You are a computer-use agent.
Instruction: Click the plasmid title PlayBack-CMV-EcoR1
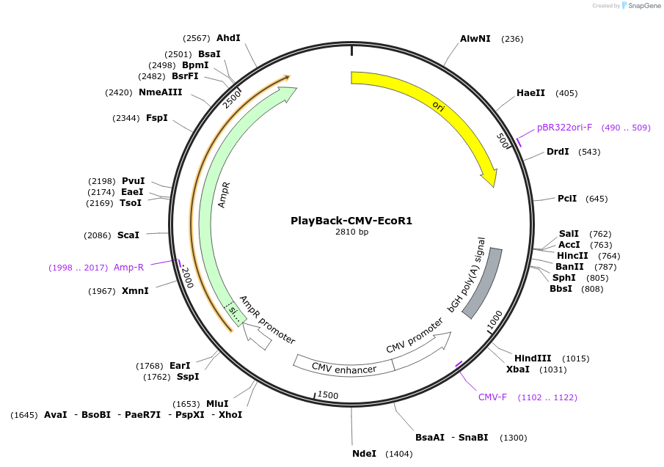pos(351,220)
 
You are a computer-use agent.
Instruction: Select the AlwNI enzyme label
pos(475,39)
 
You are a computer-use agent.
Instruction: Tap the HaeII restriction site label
pos(530,93)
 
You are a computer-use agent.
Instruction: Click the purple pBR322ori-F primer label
pos(564,128)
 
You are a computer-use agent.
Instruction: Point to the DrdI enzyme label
pos(558,152)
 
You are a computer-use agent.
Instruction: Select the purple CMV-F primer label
pos(492,397)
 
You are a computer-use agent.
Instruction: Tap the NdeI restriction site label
pos(364,454)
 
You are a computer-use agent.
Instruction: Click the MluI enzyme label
pos(217,404)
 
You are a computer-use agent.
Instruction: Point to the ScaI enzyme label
pos(128,235)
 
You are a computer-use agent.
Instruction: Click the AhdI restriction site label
pos(228,38)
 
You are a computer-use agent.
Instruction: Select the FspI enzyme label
pos(156,118)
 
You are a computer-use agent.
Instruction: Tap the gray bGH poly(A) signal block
pos(482,282)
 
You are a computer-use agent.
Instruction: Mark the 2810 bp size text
pos(351,232)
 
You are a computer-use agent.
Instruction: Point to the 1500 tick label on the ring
pos(328,395)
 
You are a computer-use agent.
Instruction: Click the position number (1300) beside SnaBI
pos(513,438)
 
